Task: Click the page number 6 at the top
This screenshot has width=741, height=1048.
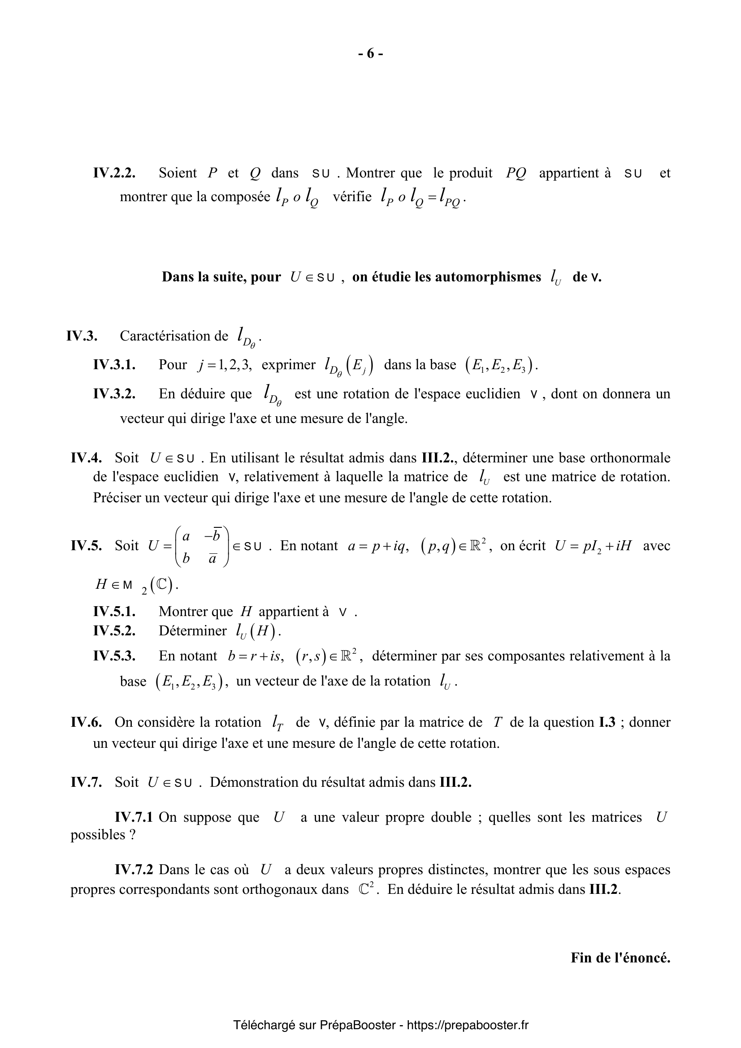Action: click(x=370, y=54)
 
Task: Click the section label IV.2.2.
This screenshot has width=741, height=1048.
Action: click(x=114, y=173)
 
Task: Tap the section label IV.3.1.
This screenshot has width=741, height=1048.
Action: click(x=114, y=365)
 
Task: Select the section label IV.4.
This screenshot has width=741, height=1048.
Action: click(x=86, y=457)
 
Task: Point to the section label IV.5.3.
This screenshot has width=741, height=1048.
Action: click(x=114, y=656)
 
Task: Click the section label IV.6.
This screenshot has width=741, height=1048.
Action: click(x=86, y=722)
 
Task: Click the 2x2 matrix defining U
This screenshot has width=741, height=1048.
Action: click(x=202, y=546)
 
